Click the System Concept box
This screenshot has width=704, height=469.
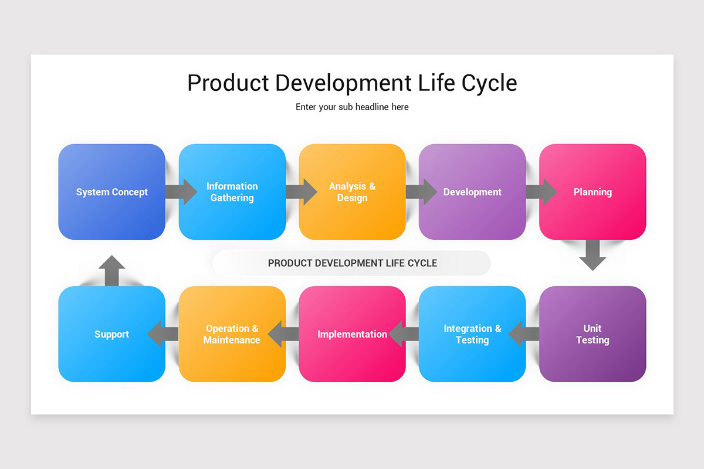[x=111, y=192]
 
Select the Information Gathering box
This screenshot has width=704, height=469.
[x=232, y=192]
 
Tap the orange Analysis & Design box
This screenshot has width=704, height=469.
[x=352, y=192]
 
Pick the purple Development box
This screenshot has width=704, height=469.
[x=472, y=192]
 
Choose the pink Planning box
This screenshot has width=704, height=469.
[x=593, y=192]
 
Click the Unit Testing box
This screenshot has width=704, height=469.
[x=593, y=334]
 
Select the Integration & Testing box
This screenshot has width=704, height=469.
[x=472, y=334]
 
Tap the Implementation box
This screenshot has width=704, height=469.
[x=352, y=334]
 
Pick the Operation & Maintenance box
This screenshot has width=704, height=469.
[x=232, y=334]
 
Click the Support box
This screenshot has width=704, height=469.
[x=111, y=334]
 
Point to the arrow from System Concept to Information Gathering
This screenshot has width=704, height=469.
[x=181, y=192]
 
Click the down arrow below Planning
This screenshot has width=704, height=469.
[x=593, y=255]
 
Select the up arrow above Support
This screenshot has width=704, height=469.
[x=111, y=271]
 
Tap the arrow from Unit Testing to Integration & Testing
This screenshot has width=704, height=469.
[x=523, y=334]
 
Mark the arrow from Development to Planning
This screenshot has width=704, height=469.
[x=541, y=192]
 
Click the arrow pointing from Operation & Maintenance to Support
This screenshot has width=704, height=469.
[x=163, y=334]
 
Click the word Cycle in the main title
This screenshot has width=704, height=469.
[x=489, y=83]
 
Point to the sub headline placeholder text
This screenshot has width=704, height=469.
[x=352, y=107]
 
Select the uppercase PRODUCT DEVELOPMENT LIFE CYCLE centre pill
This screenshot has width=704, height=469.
[x=352, y=263]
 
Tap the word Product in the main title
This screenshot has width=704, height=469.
[x=228, y=83]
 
